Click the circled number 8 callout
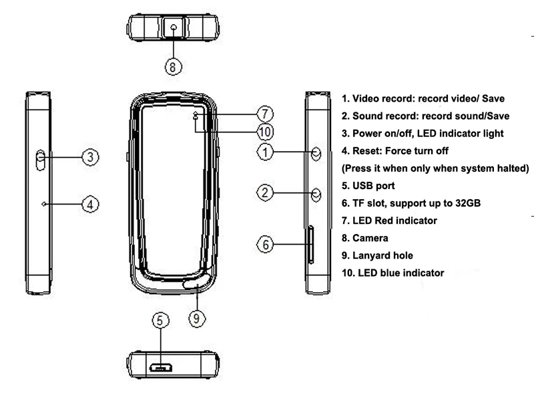(x=173, y=67)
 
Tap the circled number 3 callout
(x=90, y=157)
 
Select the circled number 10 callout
(x=265, y=132)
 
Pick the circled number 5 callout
(x=160, y=320)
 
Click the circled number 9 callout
(x=197, y=318)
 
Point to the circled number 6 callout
(x=265, y=244)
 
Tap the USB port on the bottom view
(x=160, y=368)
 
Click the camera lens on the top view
(x=174, y=27)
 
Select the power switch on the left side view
(x=40, y=160)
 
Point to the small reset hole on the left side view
(x=43, y=204)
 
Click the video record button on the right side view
(x=316, y=154)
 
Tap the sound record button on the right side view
(x=316, y=194)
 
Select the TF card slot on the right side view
(x=311, y=245)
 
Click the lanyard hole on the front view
(x=198, y=282)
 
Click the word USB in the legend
(x=362, y=186)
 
